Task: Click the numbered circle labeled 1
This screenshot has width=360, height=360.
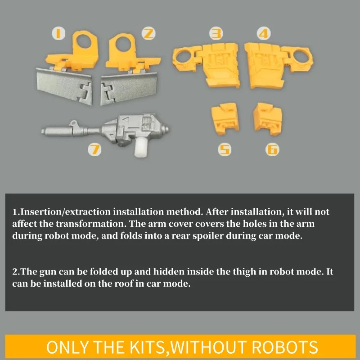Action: (58, 33)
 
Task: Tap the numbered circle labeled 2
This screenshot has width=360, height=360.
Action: (148, 33)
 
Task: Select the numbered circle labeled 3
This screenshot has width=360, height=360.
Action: (216, 33)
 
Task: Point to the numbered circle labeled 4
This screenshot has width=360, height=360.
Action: (264, 33)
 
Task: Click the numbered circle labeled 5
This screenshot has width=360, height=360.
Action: (225, 149)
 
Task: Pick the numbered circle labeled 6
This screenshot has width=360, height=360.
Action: (272, 149)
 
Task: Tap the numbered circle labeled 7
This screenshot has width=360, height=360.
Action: (94, 149)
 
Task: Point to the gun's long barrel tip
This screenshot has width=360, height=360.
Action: (43, 131)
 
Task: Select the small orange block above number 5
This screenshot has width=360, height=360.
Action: (225, 118)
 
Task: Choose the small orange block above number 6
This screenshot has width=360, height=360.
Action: (268, 119)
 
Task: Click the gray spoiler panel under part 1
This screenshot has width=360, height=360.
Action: (64, 86)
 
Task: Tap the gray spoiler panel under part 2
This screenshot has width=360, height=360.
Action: (129, 88)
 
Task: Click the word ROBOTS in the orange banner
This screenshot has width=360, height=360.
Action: (285, 347)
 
